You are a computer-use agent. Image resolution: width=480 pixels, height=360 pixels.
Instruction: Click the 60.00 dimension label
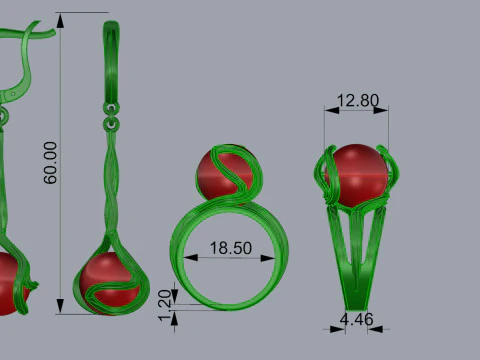pos(50,163)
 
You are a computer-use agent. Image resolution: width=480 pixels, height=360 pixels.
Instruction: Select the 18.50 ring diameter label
pos(231,248)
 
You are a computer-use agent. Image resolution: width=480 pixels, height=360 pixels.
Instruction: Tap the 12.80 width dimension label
pos(358,100)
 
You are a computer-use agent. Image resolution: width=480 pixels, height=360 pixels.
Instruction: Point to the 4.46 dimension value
pos(356,319)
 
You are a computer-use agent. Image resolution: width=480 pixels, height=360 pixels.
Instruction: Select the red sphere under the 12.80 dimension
pos(357,176)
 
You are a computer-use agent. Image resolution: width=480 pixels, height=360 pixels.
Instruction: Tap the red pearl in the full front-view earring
pos(109,283)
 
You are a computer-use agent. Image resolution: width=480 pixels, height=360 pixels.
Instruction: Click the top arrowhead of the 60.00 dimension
pos(60,21)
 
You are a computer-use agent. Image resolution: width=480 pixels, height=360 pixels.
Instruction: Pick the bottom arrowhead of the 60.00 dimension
pos(60,306)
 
